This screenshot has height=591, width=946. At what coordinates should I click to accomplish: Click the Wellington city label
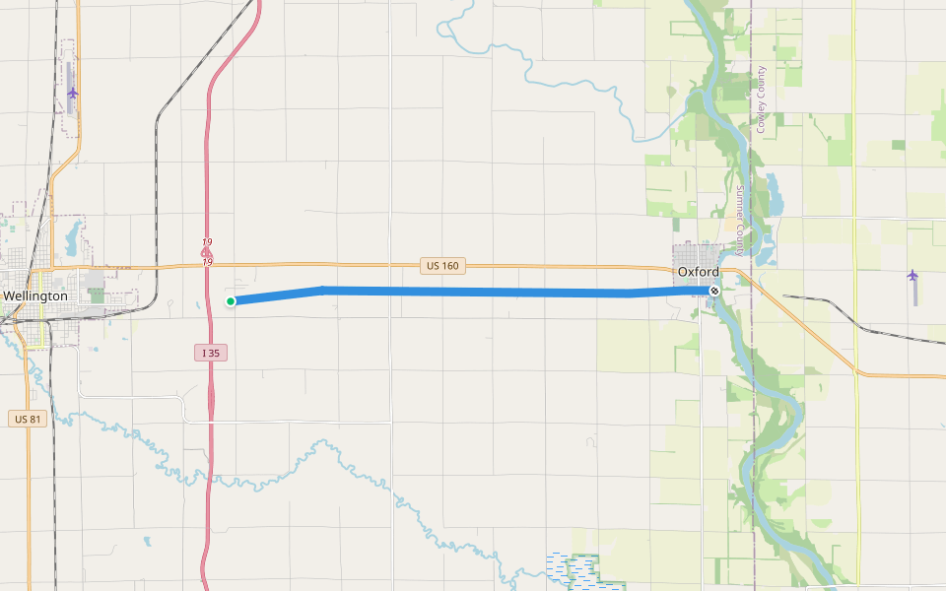[x=35, y=295]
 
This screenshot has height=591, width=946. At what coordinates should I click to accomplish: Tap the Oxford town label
[x=698, y=272]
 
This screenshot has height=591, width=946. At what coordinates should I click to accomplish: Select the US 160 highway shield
[x=442, y=266]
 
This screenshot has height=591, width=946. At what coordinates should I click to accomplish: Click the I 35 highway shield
[x=212, y=353]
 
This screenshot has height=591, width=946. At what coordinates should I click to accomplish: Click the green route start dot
[x=230, y=301]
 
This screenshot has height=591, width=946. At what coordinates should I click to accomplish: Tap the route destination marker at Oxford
[x=714, y=291]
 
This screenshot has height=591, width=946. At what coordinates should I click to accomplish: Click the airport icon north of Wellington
[x=72, y=93]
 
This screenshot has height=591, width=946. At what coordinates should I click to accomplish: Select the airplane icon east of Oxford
[x=912, y=275]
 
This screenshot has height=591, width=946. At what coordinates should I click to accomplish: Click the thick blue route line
[x=473, y=292]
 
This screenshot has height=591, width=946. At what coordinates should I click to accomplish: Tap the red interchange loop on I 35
[x=206, y=253]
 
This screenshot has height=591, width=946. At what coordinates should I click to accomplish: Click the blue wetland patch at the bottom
[x=571, y=569]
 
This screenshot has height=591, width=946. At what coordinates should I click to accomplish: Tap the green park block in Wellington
[x=97, y=295]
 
